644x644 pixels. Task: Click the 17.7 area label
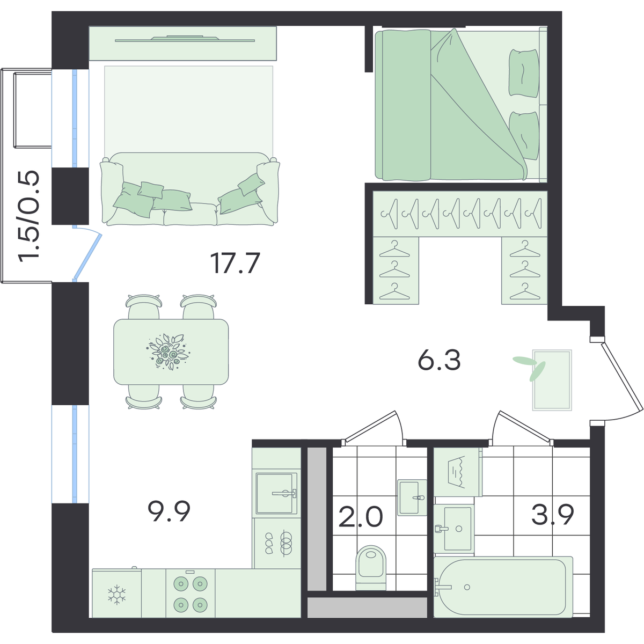[x=235, y=263]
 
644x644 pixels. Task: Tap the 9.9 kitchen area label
[x=169, y=511]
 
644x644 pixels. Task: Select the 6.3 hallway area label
[x=439, y=360]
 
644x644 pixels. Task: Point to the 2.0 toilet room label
[x=361, y=517]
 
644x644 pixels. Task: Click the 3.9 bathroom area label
[x=553, y=514]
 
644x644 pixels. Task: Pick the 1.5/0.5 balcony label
[x=29, y=216]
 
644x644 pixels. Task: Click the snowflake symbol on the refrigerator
[x=116, y=595]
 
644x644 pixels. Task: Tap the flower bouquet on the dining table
[x=168, y=351]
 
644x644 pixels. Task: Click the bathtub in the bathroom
[x=503, y=587]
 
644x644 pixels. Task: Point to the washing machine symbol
[x=458, y=472]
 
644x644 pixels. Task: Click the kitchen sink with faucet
[x=276, y=493]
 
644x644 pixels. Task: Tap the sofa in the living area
[x=190, y=189]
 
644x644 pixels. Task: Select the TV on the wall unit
[x=185, y=39]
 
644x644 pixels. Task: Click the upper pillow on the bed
[x=524, y=73]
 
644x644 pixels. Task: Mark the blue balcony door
[x=87, y=253]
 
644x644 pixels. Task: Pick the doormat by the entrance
[x=552, y=380]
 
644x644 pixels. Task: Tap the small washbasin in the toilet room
[x=412, y=497]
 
